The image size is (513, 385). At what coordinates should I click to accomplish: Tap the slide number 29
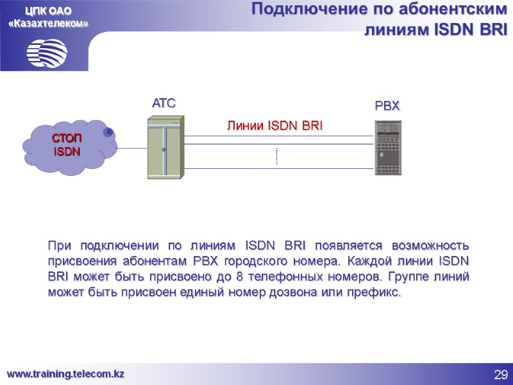[x=500, y=374]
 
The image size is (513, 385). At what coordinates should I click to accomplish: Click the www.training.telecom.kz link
[x=65, y=373]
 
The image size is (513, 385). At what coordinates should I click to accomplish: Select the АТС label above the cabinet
[x=164, y=103]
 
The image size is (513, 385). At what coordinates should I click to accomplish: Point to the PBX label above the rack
[x=387, y=105]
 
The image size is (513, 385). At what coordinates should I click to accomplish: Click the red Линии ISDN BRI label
[x=274, y=126]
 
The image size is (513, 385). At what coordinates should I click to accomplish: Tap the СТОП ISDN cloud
[x=68, y=146]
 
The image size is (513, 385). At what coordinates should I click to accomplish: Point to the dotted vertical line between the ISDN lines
[x=276, y=156]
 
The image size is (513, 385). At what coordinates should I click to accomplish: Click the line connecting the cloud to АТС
[x=131, y=149]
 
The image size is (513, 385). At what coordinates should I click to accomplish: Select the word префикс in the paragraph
[x=372, y=293]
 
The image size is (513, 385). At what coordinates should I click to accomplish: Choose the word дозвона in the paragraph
[x=287, y=293]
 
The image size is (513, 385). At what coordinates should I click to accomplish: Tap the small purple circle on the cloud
[x=109, y=132]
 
